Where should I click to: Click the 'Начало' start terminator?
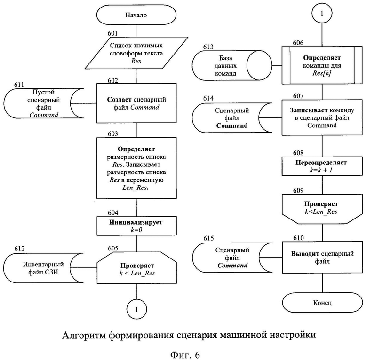pyautogui.click(x=136, y=15)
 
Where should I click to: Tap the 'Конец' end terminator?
pyautogui.click(x=322, y=303)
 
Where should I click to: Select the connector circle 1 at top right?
pyautogui.click(x=322, y=13)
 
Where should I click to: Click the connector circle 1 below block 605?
pyautogui.click(x=137, y=309)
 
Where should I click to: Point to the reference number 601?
pyautogui.click(x=112, y=33)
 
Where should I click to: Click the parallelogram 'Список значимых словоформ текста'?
pyautogui.click(x=136, y=53)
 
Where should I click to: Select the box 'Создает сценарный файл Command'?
pyautogui.click(x=136, y=103)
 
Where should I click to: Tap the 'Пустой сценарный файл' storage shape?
pyautogui.click(x=44, y=103)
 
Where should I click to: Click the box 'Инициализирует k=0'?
pyautogui.click(x=137, y=226)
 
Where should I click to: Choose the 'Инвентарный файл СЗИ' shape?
pyautogui.click(x=43, y=268)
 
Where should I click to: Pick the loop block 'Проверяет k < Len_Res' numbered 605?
pyautogui.click(x=137, y=268)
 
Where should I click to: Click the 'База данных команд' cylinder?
pyautogui.click(x=231, y=65)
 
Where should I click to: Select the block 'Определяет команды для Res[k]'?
pyautogui.click(x=322, y=65)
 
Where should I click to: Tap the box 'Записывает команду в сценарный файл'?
pyautogui.click(x=322, y=117)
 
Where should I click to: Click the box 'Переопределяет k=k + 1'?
pyautogui.click(x=322, y=166)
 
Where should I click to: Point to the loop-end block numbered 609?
pyautogui.click(x=322, y=209)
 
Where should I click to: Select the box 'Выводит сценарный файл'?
pyautogui.click(x=322, y=258)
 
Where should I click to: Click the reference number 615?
pyautogui.click(x=208, y=238)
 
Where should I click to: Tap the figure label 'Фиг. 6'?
pyautogui.click(x=185, y=355)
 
